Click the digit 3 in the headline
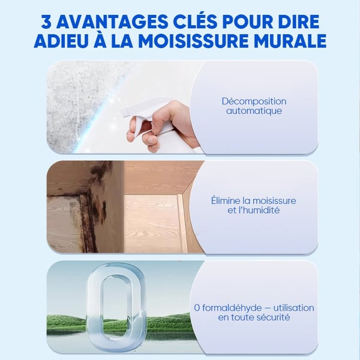coord(46,22)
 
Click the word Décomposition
coord(254,101)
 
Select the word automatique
coord(254,111)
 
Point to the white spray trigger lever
coord(137,128)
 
